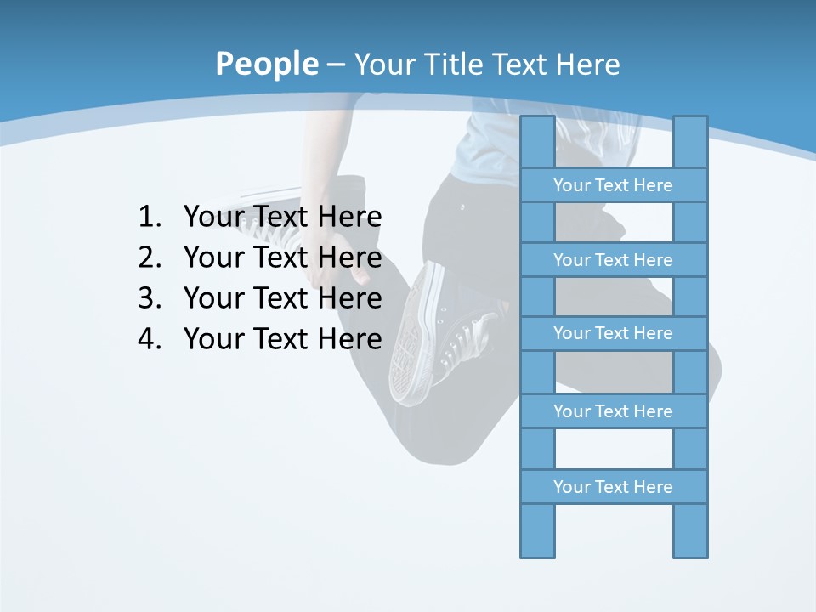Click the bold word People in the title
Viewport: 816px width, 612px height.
pos(266,64)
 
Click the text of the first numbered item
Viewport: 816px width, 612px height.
pos(282,218)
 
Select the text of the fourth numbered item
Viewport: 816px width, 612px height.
pos(282,339)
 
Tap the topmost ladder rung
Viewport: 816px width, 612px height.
pos(613,185)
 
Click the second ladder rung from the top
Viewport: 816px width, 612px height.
pos(613,260)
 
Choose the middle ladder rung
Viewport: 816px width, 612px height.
pos(613,333)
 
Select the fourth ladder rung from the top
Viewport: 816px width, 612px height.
pos(613,411)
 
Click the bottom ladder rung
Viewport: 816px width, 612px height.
pos(613,487)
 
